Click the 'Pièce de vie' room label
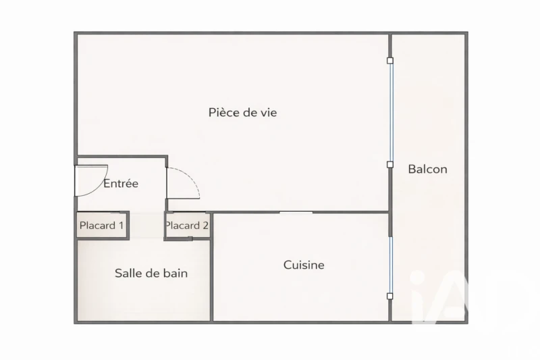242,113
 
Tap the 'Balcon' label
427,169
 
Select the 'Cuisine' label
304,265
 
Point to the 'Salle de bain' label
151,273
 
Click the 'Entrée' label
121,183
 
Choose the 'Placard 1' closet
102,226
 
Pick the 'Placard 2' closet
188,226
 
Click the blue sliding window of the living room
391,112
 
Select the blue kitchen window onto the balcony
391,265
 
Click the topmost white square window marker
390,61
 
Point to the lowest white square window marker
390,297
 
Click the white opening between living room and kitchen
296,213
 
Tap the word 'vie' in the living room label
267,113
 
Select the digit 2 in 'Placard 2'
206,226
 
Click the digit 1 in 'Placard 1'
121,226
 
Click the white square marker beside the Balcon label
390,165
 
